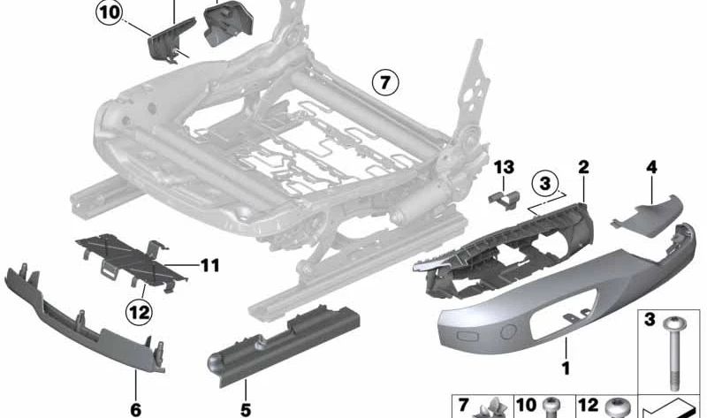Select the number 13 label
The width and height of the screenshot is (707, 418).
coord(503,169)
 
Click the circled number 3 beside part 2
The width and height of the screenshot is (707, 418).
coord(546,184)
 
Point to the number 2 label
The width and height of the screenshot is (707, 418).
coord(583,166)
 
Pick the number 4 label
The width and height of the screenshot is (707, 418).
coord(651,166)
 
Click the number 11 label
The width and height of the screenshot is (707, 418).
coord(209,264)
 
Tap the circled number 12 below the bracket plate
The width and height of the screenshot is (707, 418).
coord(139,310)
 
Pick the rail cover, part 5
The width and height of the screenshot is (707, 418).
coord(274,340)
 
